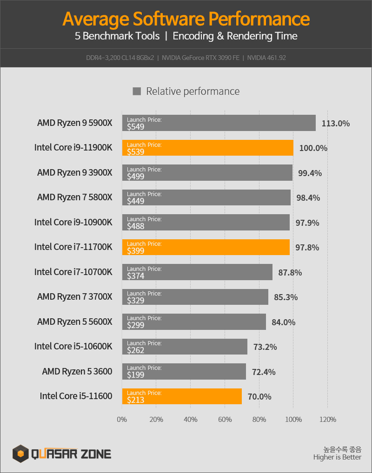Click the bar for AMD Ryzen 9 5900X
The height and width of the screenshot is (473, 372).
[219, 123]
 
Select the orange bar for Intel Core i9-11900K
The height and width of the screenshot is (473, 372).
[207, 148]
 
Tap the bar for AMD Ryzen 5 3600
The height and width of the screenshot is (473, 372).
[184, 371]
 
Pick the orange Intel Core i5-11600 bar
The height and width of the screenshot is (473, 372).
[181, 396]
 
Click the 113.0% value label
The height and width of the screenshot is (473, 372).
[335, 124]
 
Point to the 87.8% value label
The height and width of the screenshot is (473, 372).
[290, 273]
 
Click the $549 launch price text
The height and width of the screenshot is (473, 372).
[136, 126]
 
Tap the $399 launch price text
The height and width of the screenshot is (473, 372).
[136, 251]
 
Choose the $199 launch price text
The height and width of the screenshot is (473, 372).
[136, 375]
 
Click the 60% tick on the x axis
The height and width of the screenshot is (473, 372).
[225, 420]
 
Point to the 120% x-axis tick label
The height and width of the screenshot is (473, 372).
[327, 420]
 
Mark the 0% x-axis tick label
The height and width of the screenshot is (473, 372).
[122, 420]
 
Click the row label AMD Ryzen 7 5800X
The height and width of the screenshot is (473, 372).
[75, 197]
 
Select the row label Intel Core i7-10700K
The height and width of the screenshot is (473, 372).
[73, 272]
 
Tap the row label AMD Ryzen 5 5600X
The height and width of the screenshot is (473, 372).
[75, 322]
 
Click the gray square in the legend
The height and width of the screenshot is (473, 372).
[137, 91]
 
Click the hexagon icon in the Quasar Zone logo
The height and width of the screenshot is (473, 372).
[20, 453]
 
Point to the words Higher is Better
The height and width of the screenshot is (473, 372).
[337, 457]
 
